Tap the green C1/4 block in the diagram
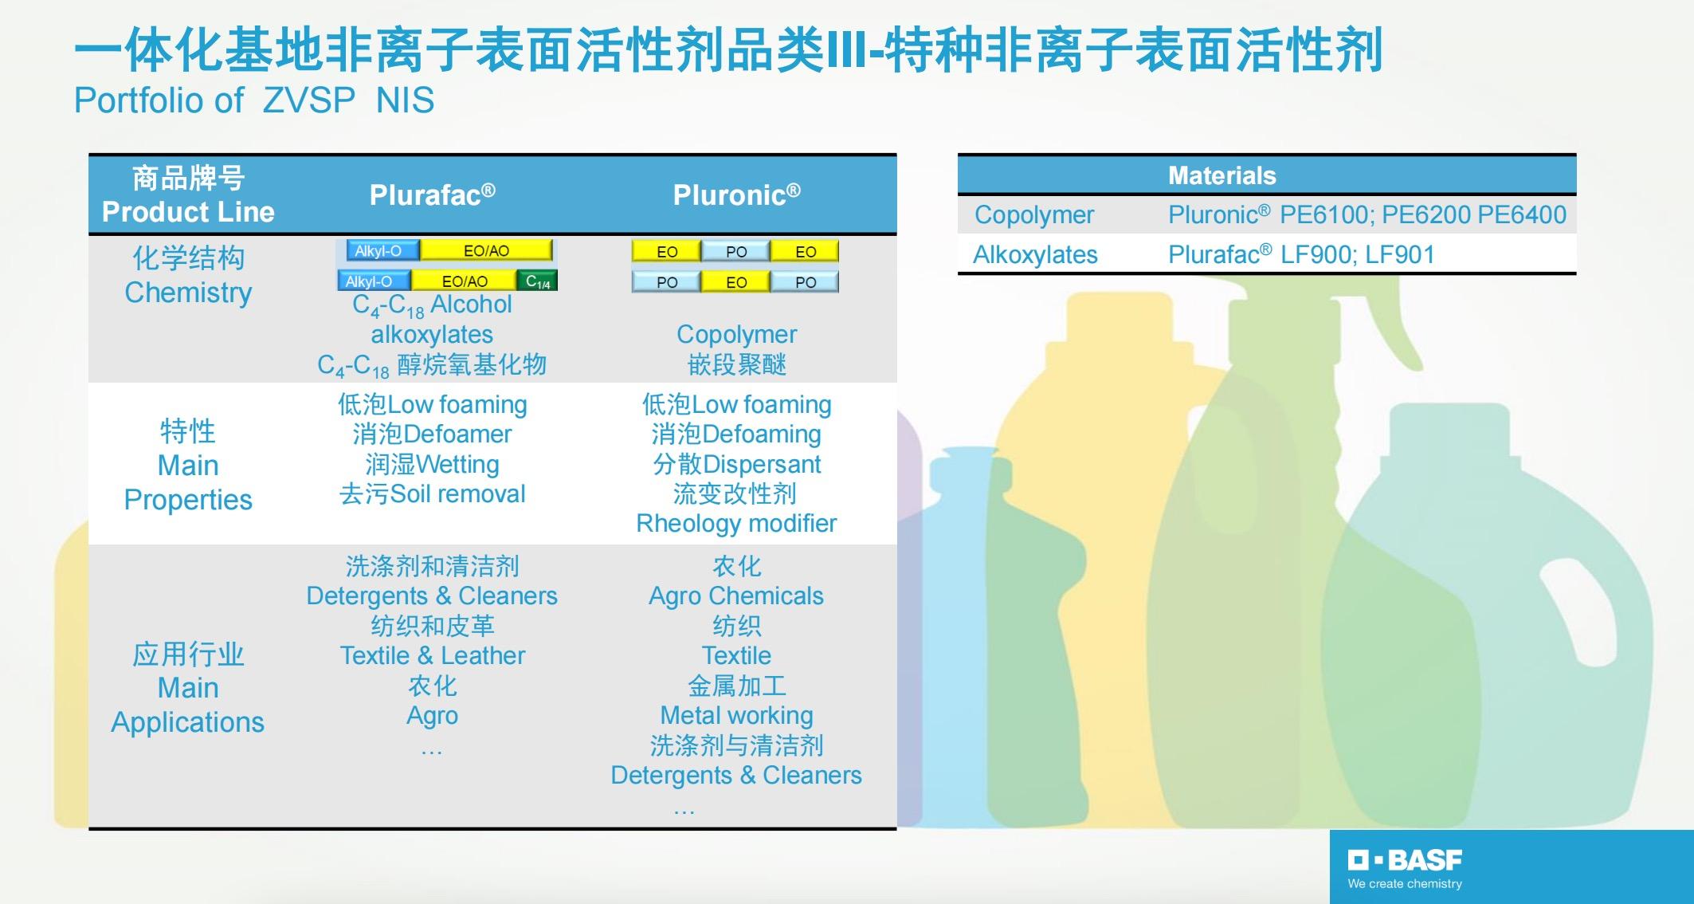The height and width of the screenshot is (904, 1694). [538, 281]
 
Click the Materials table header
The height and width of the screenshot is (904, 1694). [1221, 175]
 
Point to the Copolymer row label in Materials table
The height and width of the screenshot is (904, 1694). [1033, 214]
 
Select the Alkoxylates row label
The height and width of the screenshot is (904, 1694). [1035, 254]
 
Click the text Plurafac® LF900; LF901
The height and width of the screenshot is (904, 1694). [1301, 254]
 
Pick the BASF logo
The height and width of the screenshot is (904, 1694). [1405, 860]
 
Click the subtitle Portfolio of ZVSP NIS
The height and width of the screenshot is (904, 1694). [254, 100]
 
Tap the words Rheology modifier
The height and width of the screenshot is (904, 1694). [736, 524]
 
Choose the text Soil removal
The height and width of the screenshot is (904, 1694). [457, 494]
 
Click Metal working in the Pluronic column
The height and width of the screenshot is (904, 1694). [736, 716]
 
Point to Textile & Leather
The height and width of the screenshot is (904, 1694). [432, 655]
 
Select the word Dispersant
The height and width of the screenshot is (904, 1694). [762, 464]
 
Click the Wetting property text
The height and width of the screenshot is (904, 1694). [457, 464]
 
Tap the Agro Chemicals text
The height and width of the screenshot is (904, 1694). [736, 596]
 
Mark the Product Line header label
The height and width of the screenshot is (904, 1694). [188, 212]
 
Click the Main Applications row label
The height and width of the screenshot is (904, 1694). [188, 688]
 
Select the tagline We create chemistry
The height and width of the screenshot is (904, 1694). [1405, 883]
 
